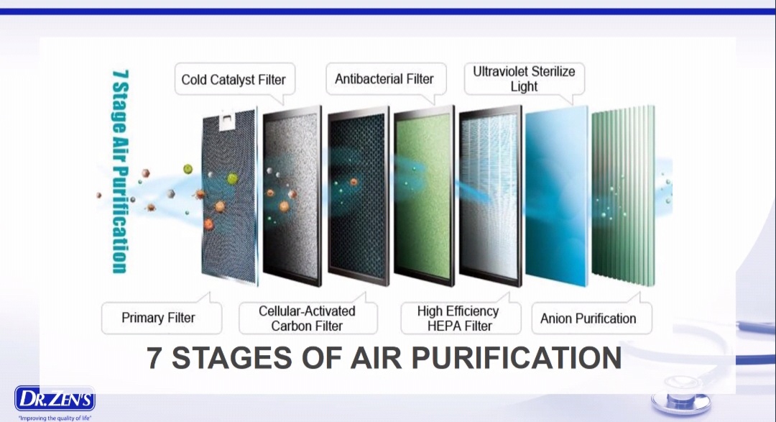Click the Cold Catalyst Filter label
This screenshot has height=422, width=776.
click(x=234, y=80)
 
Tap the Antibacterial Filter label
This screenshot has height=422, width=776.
click(x=384, y=79)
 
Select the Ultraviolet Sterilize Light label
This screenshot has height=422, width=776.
click(x=524, y=79)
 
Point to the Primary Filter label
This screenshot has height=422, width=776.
click(x=158, y=318)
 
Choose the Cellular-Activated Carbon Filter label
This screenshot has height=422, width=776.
click(x=307, y=318)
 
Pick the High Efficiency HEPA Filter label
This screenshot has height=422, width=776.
click(x=458, y=318)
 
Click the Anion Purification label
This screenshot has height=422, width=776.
click(x=588, y=318)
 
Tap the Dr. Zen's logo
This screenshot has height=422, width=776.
click(x=55, y=399)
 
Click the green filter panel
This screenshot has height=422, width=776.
click(x=424, y=196)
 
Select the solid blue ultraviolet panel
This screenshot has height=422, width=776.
click(x=557, y=196)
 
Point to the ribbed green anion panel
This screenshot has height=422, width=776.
click(x=623, y=196)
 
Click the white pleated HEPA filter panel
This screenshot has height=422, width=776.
click(x=490, y=196)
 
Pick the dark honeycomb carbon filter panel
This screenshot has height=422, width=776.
click(x=359, y=196)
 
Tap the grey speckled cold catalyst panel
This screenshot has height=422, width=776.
click(x=292, y=196)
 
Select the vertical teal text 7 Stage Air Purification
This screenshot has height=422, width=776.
click(x=120, y=171)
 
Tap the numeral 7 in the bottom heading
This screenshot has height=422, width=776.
click(x=154, y=357)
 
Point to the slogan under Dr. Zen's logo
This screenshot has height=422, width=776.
click(x=55, y=418)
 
